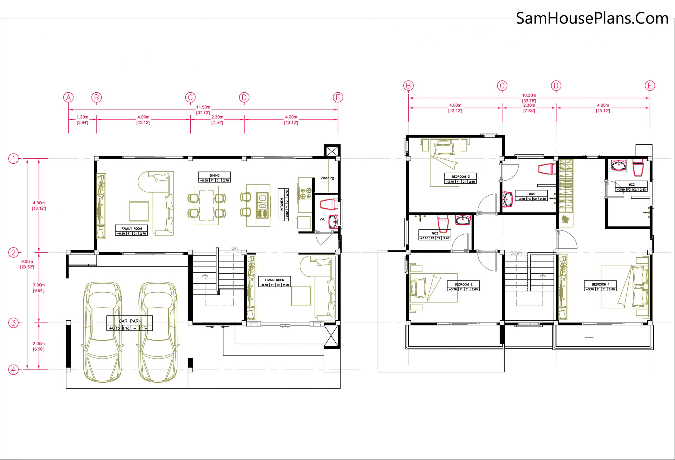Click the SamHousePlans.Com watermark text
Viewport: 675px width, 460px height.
point(592,18)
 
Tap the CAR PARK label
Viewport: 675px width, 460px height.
point(130,321)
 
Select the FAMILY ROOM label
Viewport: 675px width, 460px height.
point(132,229)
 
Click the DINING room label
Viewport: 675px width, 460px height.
point(215,176)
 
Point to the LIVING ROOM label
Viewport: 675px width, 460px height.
point(274,280)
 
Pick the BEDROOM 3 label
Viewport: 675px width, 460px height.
point(461,177)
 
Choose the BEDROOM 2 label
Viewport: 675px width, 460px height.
point(464,284)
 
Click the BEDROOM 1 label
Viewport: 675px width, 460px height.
point(601,284)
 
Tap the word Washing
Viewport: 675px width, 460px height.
point(327,178)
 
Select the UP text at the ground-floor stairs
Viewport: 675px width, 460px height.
point(234,248)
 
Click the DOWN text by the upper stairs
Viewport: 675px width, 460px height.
point(517,253)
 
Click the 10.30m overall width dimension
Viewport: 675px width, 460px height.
point(529,95)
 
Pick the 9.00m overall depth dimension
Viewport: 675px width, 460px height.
point(27,261)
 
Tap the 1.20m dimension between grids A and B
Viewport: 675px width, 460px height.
point(82,117)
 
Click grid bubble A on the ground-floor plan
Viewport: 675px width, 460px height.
point(68,97)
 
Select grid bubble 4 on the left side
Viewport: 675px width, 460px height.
point(13,370)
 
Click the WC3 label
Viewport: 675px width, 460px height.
point(435,234)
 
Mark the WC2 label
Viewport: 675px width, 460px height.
point(631,185)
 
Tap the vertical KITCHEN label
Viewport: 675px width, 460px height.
point(282,205)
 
